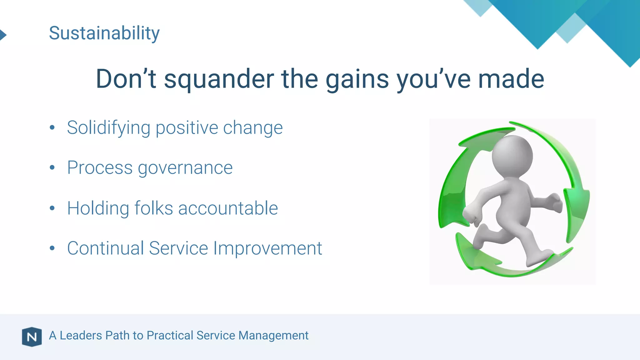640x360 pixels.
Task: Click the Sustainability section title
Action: (104, 33)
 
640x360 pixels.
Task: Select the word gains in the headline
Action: (357, 79)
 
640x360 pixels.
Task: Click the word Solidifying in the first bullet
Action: (108, 128)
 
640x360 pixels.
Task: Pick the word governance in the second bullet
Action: (185, 168)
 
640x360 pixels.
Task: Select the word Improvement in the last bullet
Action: (267, 248)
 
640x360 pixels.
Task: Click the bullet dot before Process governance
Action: (52, 168)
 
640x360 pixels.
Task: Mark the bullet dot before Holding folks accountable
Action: (52, 208)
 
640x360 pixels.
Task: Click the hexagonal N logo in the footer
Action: (32, 337)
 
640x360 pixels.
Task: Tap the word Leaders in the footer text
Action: (81, 336)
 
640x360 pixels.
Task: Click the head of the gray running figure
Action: (512, 155)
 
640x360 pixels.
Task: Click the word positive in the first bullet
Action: (187, 128)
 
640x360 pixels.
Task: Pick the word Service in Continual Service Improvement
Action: (178, 248)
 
